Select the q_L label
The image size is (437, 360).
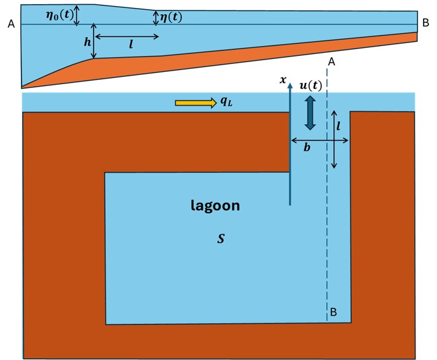coord(226,102)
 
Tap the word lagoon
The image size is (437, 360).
coord(215,206)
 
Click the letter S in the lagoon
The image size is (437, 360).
coord(221,238)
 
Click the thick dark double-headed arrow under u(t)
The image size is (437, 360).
coord(310,112)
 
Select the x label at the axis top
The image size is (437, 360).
coord(283,80)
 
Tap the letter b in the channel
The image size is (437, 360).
coord(307,148)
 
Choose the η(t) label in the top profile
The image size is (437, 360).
coord(171,17)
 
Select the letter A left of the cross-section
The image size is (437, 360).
coord(10,24)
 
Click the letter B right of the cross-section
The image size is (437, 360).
coord(425,23)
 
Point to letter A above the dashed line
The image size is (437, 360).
coord(331,61)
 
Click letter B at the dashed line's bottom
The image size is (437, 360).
coord(333,312)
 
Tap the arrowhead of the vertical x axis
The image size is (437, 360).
coord(289,87)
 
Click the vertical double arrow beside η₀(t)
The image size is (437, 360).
coord(76,15)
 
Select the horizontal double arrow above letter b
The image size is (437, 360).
coord(319,141)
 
